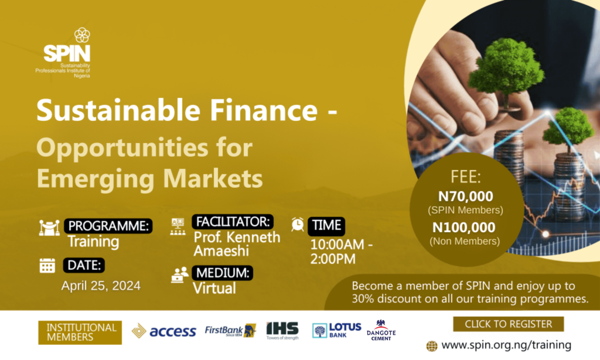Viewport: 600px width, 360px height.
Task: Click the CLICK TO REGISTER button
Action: (508, 324)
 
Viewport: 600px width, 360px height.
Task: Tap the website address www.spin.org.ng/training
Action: (506, 345)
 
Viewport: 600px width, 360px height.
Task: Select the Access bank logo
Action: (164, 331)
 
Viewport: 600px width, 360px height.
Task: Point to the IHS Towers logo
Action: (282, 331)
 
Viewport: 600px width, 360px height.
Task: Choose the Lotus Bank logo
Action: (337, 330)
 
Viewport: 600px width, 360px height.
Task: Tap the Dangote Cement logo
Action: (381, 330)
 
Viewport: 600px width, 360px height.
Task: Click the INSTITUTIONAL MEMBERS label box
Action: (80, 332)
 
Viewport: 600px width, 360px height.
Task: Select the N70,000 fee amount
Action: (466, 196)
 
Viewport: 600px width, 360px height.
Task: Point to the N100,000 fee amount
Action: (464, 227)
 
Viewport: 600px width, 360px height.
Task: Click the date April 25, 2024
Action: (101, 286)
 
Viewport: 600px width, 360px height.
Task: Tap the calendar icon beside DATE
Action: (47, 265)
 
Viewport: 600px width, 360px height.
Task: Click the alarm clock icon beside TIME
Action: (298, 224)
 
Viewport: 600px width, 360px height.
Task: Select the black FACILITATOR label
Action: (232, 222)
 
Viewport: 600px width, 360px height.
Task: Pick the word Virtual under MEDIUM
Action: (214, 288)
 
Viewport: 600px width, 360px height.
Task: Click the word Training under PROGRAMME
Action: (93, 242)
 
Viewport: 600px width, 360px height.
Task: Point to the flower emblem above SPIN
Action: (82, 35)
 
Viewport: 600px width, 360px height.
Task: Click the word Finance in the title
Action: (264, 110)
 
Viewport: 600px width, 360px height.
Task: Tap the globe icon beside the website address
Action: (432, 346)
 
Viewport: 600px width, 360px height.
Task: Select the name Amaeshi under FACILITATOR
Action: (221, 251)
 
